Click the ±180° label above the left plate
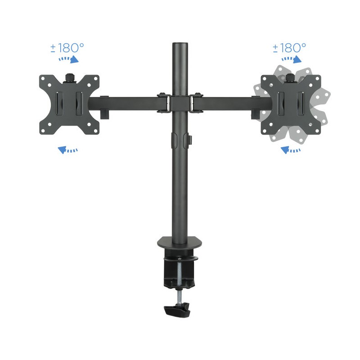click(x=67, y=48)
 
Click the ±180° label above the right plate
click(x=289, y=48)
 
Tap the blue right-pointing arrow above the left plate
click(x=69, y=59)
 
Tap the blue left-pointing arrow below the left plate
click(x=68, y=150)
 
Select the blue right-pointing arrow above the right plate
click(x=291, y=59)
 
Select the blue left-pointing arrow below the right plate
click(x=291, y=150)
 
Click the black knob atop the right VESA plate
click(x=290, y=77)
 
